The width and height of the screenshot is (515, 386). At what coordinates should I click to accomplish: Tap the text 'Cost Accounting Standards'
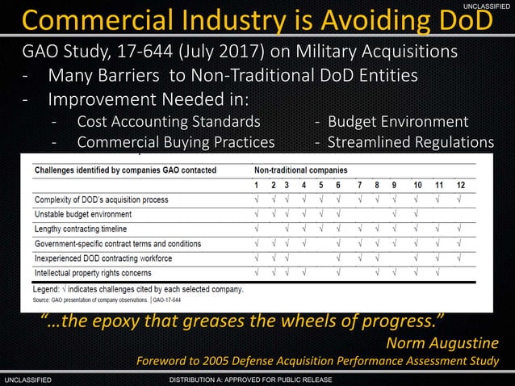pyautogui.click(x=169, y=122)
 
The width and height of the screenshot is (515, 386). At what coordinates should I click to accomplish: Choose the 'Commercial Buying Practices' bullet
pyautogui.click(x=175, y=142)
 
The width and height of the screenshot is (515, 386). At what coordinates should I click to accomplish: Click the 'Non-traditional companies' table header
pyautogui.click(x=301, y=170)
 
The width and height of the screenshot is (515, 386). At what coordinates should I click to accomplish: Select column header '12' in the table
pyautogui.click(x=460, y=185)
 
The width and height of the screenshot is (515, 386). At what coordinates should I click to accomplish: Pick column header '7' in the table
pyautogui.click(x=359, y=185)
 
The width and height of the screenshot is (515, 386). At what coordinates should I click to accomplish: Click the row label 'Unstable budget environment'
pyautogui.click(x=83, y=214)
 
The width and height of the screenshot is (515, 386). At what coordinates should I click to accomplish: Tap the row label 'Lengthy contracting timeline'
pyautogui.click(x=83, y=229)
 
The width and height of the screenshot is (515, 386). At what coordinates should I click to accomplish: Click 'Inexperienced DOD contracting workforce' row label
pyautogui.click(x=103, y=258)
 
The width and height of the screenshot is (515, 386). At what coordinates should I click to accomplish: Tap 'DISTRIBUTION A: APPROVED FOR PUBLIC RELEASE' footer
pyautogui.click(x=257, y=380)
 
